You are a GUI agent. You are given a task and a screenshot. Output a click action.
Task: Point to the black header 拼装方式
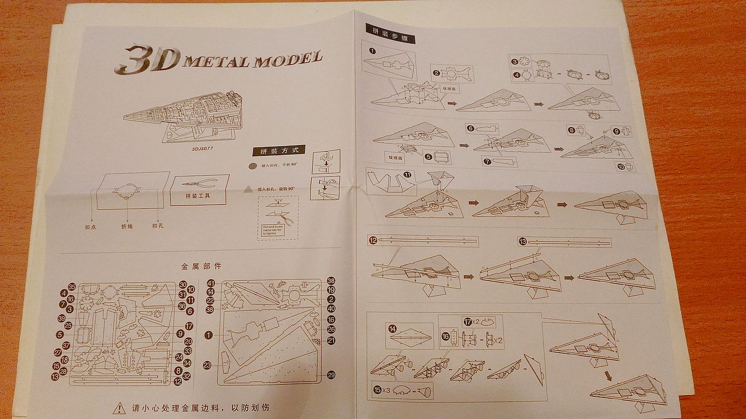(279, 151)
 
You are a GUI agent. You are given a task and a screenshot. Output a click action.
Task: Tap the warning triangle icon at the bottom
(119, 407)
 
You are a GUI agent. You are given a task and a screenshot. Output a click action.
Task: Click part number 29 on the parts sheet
(332, 375)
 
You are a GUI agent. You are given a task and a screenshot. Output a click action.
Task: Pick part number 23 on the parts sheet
(207, 365)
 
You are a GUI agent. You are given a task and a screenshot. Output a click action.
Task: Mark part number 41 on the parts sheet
(211, 283)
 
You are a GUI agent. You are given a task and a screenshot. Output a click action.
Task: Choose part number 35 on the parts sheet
(72, 286)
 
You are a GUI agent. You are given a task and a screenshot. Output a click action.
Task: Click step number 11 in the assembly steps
(407, 174)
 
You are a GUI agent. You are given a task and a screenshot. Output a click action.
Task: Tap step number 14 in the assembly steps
(393, 329)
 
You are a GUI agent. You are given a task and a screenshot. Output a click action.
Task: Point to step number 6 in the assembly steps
(471, 128)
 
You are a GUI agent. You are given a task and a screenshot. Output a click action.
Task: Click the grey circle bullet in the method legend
(252, 166)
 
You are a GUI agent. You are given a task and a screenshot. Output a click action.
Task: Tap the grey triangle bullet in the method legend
(248, 189)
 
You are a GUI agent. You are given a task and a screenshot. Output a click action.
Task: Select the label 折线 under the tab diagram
(127, 226)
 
